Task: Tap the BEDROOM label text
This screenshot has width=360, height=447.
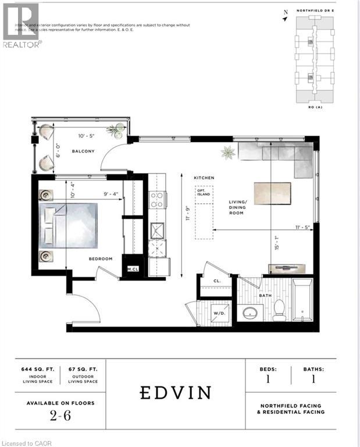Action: (101, 258)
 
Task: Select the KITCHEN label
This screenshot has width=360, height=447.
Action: (205, 177)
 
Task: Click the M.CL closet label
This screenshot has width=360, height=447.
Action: (133, 269)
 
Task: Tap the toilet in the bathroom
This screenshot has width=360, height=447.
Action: (279, 310)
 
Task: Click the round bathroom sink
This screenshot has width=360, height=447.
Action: (251, 313)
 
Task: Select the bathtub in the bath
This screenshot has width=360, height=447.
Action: (302, 301)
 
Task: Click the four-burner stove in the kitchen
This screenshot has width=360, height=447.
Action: (157, 200)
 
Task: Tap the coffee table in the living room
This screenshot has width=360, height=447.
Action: (272, 192)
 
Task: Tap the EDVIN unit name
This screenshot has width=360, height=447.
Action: (176, 393)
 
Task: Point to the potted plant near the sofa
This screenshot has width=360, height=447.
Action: (227, 153)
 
